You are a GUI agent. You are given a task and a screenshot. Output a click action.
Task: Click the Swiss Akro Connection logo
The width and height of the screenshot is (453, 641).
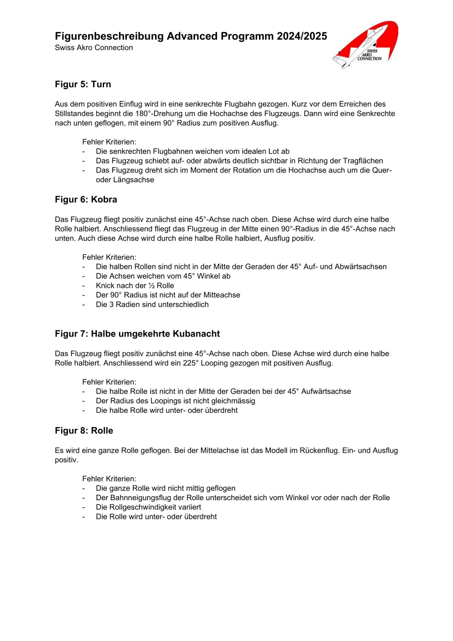(x=365, y=45)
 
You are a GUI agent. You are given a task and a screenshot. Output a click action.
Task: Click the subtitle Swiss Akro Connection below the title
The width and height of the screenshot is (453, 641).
(x=94, y=48)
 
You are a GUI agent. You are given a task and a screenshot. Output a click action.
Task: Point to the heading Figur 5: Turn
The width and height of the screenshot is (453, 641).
(x=83, y=85)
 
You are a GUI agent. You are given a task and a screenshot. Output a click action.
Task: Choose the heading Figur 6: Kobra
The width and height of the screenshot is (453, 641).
(x=86, y=200)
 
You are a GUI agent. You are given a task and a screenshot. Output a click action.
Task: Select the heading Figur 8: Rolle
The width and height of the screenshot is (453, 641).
(x=84, y=431)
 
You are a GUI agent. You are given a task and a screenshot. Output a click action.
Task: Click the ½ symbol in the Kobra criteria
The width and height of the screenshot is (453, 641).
(x=152, y=286)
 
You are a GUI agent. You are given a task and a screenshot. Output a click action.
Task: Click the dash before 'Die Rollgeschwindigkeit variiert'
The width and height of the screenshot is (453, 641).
(x=84, y=507)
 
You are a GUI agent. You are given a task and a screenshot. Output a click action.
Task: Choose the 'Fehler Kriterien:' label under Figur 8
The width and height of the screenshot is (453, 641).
(x=109, y=479)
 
